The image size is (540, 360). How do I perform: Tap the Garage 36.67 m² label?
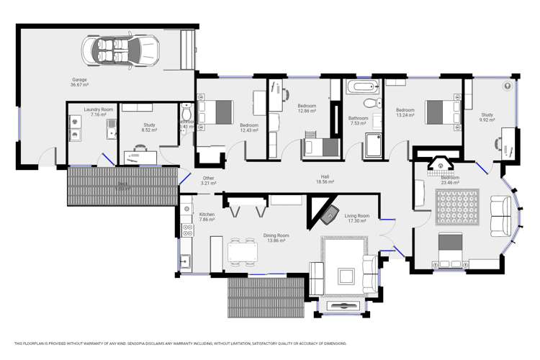point(80,82)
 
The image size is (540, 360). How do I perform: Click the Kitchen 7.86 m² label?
point(207,217)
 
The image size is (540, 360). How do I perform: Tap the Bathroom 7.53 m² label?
point(358,120)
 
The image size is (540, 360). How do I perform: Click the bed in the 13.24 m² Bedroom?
point(441,112)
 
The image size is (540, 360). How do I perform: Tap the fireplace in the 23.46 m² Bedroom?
point(438,168)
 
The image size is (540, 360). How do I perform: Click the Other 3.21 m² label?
point(208,180)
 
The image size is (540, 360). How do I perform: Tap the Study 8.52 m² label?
point(149,127)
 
